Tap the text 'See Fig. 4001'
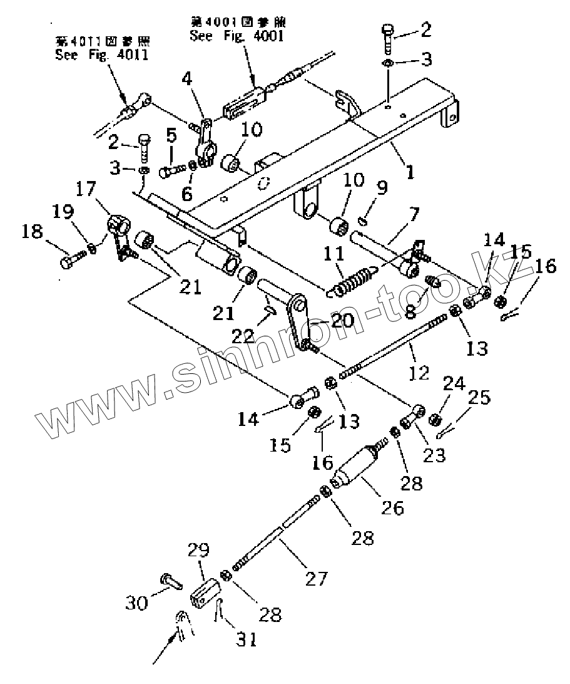[x=237, y=36]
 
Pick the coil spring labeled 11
[x=351, y=279]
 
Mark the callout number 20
[x=333, y=321]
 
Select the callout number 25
[x=480, y=398]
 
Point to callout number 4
[x=186, y=80]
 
